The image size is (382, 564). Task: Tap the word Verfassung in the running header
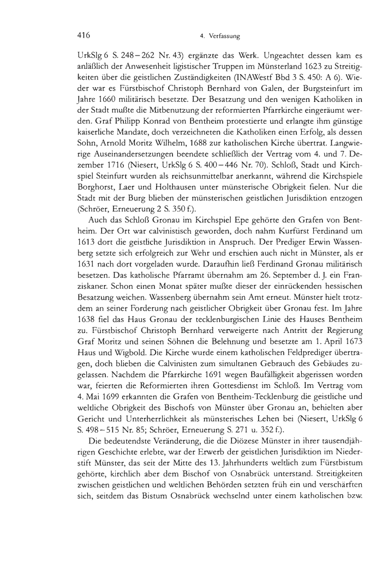(x=226, y=37)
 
